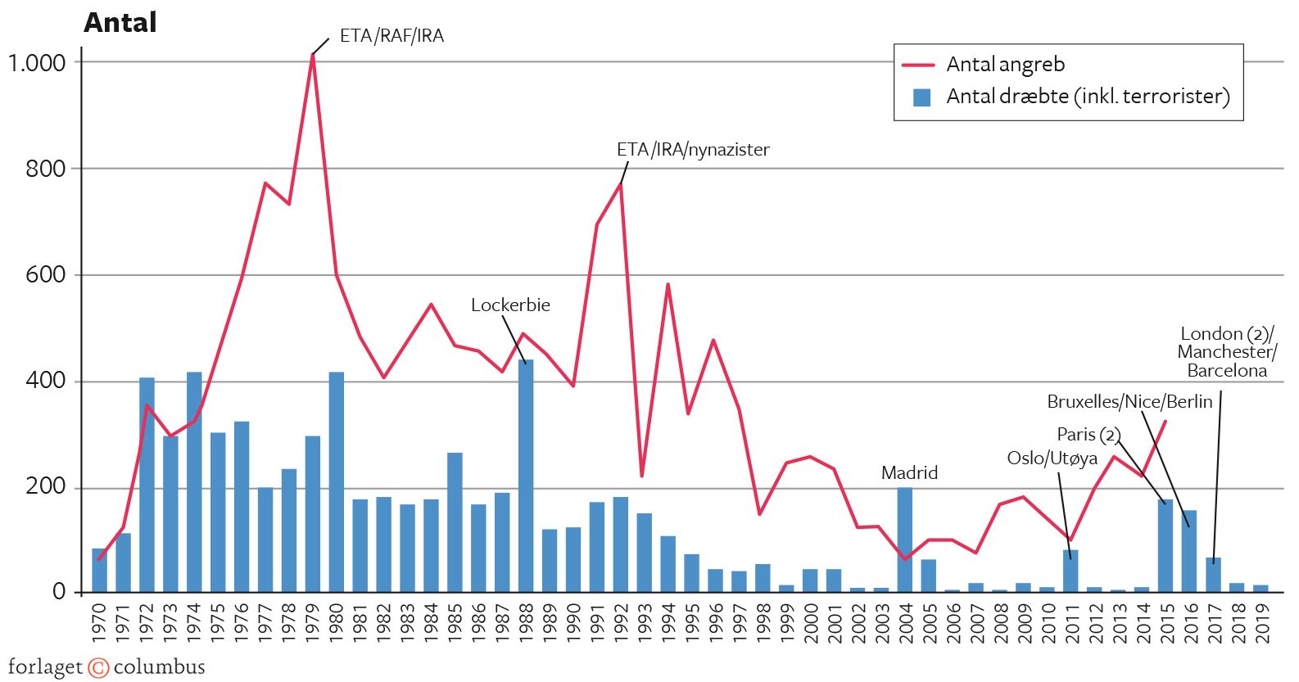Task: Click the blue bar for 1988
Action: point(526,475)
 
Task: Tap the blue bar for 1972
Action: point(147,483)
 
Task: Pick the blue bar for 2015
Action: point(1165,544)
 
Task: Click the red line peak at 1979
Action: point(313,56)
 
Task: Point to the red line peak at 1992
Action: point(621,185)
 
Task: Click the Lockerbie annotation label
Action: point(510,305)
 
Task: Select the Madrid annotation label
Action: point(909,472)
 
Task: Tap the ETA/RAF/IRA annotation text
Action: point(392,36)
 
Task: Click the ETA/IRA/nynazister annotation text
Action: point(693,150)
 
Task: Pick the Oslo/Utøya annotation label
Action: point(1052,458)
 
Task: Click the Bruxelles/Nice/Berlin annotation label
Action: point(1129,402)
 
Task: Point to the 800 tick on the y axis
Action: point(45,169)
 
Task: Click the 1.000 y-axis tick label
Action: point(37,63)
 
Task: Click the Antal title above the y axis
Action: point(120,22)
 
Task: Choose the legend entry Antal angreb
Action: point(1005,64)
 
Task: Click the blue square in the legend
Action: point(921,97)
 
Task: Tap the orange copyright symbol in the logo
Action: point(98,667)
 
